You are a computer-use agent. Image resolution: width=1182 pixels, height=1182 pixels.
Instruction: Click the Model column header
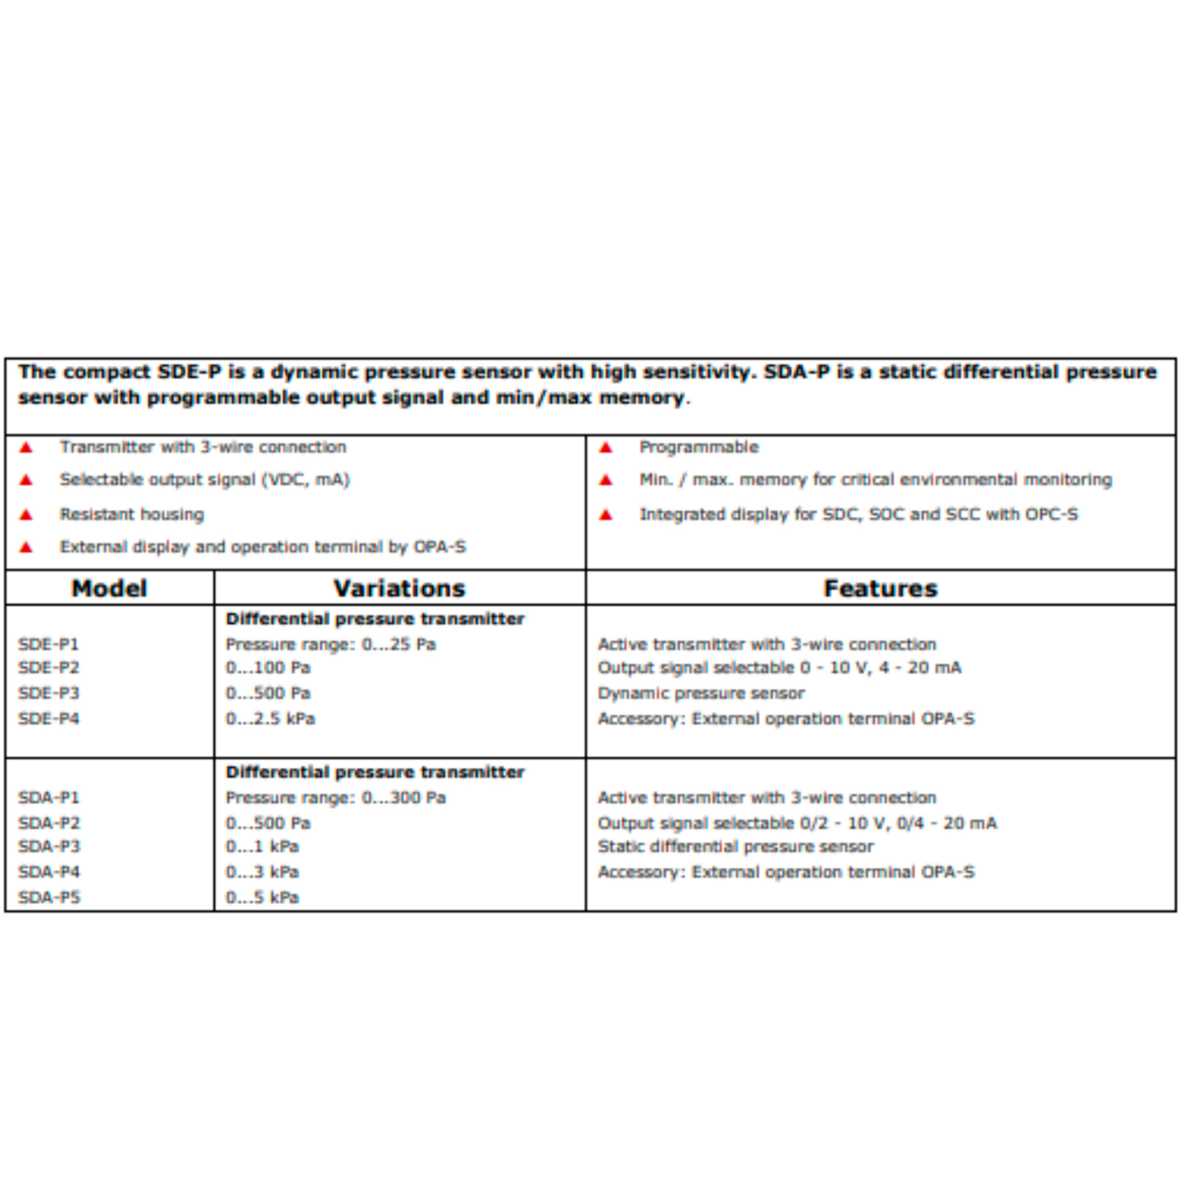click(x=109, y=589)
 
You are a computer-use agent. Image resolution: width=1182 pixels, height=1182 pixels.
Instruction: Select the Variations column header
click(x=400, y=589)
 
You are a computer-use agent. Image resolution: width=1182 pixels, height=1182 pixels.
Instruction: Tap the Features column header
click(x=881, y=589)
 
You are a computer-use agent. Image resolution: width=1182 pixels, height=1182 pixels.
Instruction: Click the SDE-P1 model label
click(x=48, y=644)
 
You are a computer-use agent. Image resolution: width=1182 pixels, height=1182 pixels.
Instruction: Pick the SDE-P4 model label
click(x=48, y=718)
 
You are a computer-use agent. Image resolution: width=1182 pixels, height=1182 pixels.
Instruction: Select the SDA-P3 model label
click(x=49, y=847)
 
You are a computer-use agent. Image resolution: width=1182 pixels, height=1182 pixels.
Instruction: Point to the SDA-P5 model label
click(x=49, y=898)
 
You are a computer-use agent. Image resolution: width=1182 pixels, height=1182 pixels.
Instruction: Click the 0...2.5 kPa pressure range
click(x=271, y=718)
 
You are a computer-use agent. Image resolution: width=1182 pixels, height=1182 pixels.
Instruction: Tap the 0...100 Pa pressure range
click(x=268, y=667)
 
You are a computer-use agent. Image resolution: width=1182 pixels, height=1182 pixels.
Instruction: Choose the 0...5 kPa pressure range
click(x=262, y=898)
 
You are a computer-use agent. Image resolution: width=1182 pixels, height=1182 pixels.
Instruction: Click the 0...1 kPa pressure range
click(x=262, y=847)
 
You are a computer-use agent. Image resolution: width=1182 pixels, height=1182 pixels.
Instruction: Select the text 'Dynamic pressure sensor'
click(x=701, y=693)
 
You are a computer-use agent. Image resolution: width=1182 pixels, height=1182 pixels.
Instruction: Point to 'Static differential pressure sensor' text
click(x=736, y=847)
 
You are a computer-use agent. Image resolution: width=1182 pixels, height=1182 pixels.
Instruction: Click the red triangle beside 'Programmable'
click(x=606, y=448)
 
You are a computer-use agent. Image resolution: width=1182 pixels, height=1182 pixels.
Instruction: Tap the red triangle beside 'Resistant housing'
click(x=25, y=515)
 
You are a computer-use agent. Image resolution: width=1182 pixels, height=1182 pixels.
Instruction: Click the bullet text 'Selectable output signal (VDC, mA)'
click(x=204, y=480)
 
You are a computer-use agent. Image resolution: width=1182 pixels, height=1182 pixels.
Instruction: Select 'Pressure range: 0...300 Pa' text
click(x=336, y=798)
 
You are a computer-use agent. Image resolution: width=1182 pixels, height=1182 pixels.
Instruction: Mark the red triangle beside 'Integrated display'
click(x=606, y=515)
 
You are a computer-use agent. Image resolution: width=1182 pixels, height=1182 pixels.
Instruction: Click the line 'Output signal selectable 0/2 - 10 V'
click(x=797, y=823)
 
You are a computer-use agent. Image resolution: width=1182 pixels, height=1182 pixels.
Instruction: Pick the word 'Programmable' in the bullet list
click(x=699, y=447)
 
